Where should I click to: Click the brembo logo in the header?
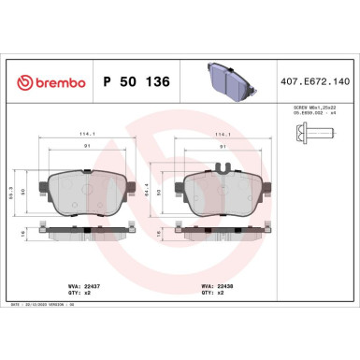tap(48, 82)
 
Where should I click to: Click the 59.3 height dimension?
tap(23, 197)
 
